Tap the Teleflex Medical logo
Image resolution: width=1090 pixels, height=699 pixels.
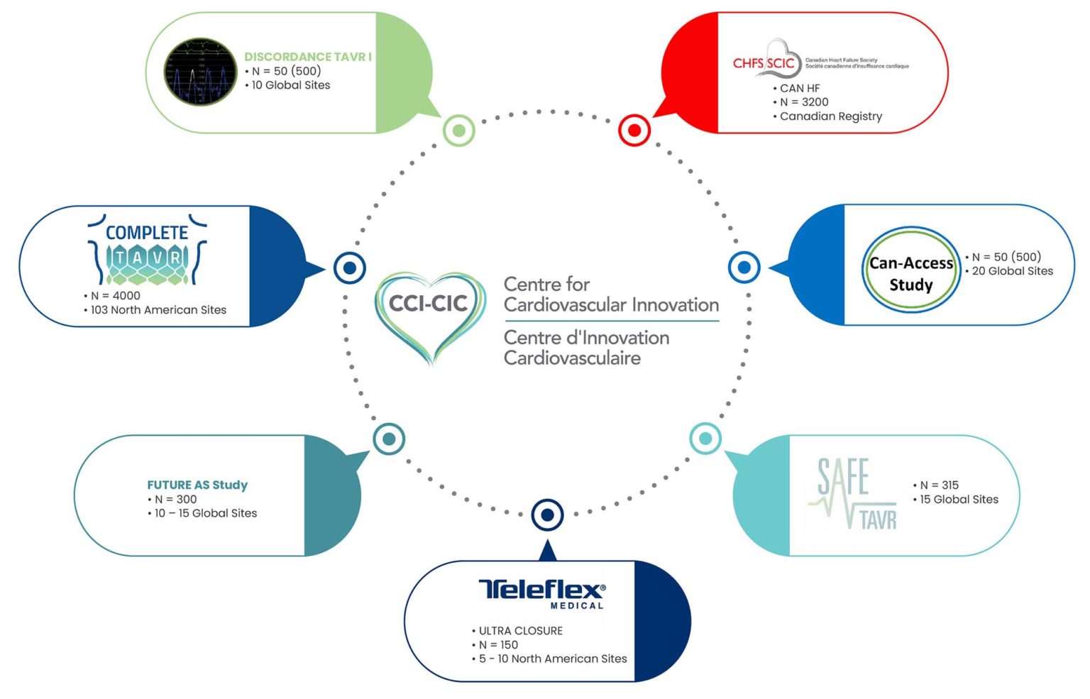542,593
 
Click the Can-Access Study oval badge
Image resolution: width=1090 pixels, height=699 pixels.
911,270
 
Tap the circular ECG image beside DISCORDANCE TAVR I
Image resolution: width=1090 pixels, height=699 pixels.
200,72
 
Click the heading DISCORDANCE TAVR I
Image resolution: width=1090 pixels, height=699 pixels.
308,57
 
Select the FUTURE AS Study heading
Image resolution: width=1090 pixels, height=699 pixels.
197,485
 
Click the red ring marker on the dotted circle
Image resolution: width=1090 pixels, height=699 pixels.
634,131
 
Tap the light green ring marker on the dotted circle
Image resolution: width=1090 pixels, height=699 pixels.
459,131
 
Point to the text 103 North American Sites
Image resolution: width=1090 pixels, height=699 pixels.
158,310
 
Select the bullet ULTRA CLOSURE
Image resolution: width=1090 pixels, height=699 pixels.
520,631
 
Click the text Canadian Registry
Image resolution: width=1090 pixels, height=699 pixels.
831,116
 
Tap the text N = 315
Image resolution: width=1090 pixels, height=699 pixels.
939,485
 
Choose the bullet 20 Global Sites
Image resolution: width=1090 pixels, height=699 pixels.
1012,271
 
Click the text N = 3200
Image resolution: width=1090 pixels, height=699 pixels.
804,102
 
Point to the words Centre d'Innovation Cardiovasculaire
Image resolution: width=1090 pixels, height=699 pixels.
586,348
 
